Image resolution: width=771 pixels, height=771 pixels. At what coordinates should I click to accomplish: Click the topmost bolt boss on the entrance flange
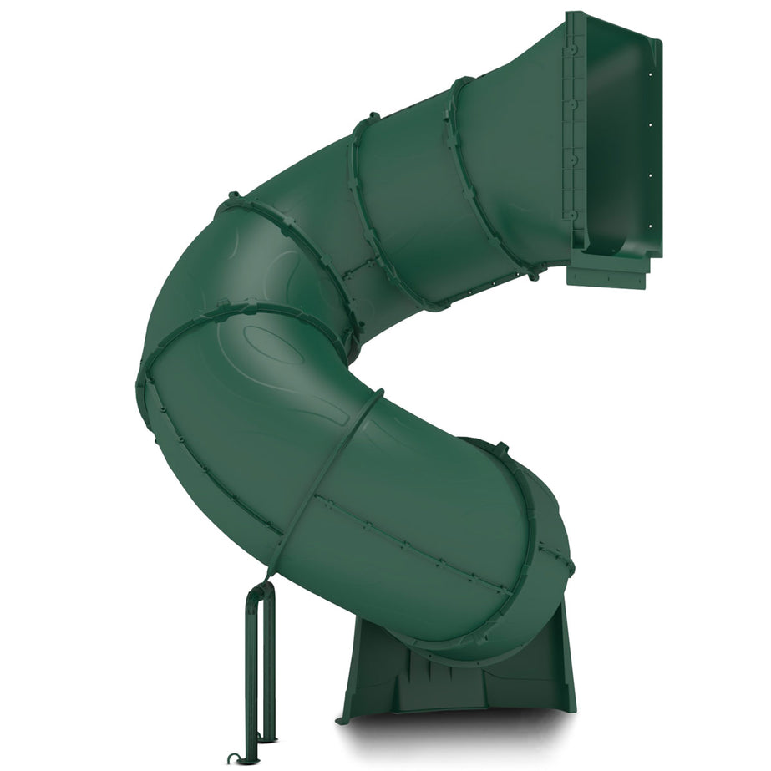point(572,50)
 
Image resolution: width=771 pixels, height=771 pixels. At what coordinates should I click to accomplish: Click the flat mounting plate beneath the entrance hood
point(607,273)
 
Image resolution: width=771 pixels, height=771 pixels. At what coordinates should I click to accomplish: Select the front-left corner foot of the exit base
point(343,718)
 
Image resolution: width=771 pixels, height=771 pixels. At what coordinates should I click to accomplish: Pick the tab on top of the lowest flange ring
point(500,449)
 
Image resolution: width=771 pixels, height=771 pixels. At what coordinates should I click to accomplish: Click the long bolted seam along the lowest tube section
point(418,543)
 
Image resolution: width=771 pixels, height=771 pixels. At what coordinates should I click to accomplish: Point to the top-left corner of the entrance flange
point(568,14)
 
